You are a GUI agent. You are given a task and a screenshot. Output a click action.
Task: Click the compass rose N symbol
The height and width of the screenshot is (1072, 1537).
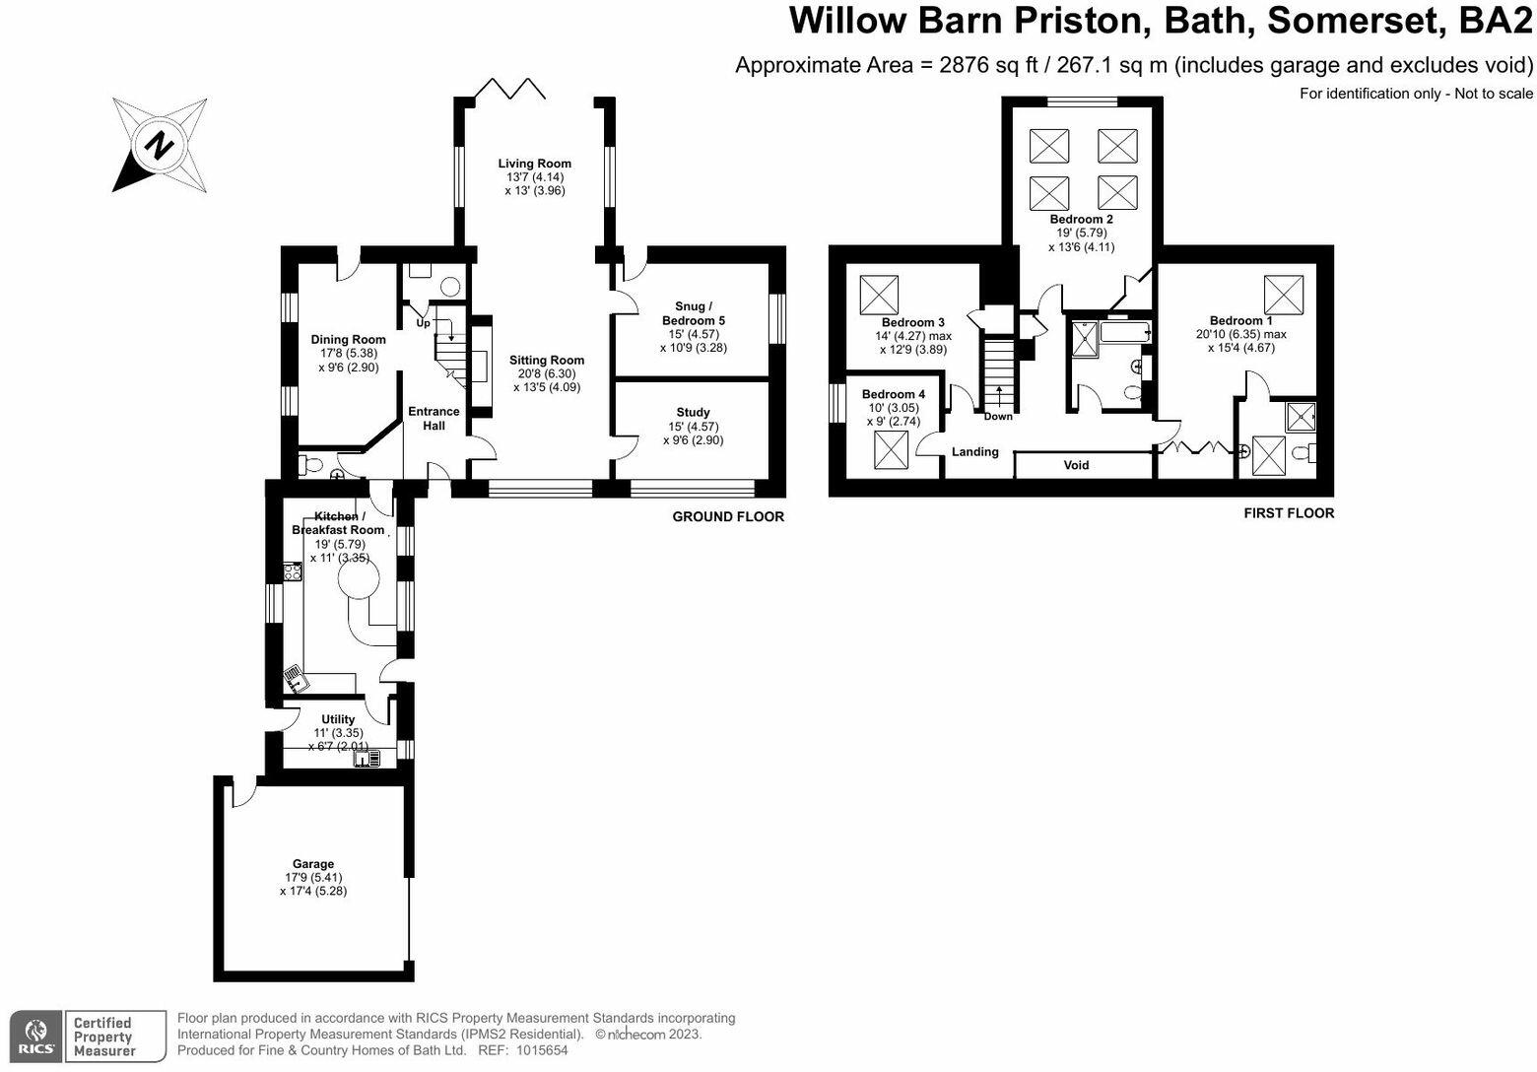(x=160, y=145)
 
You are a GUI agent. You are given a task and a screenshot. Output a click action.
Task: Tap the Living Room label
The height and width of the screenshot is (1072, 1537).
(x=535, y=164)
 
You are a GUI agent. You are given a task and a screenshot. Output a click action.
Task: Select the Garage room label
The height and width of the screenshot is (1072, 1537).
(x=313, y=864)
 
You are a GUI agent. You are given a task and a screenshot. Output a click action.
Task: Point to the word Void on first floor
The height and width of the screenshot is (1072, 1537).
(x=1076, y=465)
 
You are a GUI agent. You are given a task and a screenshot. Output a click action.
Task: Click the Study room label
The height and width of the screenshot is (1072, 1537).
(x=693, y=413)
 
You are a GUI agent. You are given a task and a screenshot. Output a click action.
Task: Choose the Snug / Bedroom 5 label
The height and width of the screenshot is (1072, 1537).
(x=693, y=313)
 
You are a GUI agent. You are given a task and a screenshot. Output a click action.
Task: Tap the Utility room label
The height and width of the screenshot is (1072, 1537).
(x=338, y=719)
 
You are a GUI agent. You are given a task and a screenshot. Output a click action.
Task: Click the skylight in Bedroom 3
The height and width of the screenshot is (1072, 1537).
(x=879, y=296)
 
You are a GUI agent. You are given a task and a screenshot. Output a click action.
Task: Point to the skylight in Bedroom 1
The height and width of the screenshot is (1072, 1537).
(x=1284, y=296)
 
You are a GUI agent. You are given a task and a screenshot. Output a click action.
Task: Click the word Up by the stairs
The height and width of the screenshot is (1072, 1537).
(x=423, y=322)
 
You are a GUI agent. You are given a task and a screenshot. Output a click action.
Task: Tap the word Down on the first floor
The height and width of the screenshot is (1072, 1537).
(x=998, y=416)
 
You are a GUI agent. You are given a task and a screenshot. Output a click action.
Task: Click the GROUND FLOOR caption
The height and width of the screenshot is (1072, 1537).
(x=728, y=516)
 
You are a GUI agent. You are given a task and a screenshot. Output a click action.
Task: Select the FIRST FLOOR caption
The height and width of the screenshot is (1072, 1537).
(x=1290, y=513)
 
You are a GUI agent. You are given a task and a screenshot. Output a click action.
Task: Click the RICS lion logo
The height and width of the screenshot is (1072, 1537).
(x=36, y=1036)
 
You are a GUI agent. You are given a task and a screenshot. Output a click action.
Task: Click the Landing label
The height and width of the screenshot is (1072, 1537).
(x=975, y=451)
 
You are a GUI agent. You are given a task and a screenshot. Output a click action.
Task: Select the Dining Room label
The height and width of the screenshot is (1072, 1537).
(x=349, y=339)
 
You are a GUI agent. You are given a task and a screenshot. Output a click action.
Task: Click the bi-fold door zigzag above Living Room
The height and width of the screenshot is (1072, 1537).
(x=510, y=89)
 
